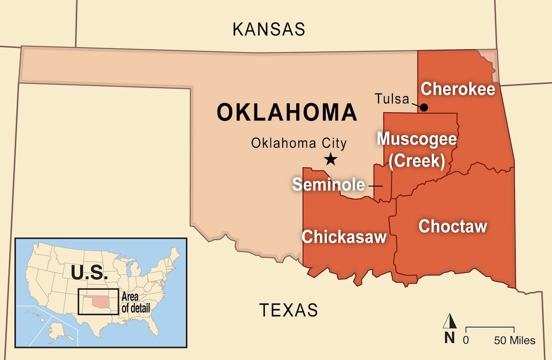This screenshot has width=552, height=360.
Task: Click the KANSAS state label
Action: pyautogui.click(x=269, y=29)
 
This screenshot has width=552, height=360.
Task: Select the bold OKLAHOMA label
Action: pyautogui.click(x=287, y=112)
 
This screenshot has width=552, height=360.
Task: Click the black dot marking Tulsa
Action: pyautogui.click(x=424, y=108)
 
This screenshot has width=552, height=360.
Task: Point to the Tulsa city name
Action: pyautogui.click(x=391, y=99)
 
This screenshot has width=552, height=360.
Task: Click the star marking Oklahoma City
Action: pyautogui.click(x=330, y=160)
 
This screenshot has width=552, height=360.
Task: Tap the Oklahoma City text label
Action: pyautogui.click(x=299, y=143)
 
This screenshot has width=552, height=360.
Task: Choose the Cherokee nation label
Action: pyautogui.click(x=458, y=89)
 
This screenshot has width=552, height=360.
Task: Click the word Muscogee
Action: pyautogui.click(x=417, y=139)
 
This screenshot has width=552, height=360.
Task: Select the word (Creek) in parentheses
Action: pyautogui.click(x=417, y=162)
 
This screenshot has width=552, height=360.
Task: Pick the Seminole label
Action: pyautogui.click(x=328, y=185)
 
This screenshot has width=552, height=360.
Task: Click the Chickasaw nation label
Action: pyautogui.click(x=343, y=237)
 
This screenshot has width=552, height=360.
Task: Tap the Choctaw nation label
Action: pyautogui.click(x=453, y=226)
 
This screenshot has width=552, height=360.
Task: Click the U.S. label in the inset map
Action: pyautogui.click(x=89, y=273)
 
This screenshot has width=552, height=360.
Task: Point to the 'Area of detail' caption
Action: pyautogui.click(x=136, y=303)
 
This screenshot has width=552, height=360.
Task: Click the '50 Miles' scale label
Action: pyautogui.click(x=515, y=341)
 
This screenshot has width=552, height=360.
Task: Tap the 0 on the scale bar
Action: pyautogui.click(x=466, y=341)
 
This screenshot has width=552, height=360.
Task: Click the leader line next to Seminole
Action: pyautogui.click(x=375, y=186)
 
